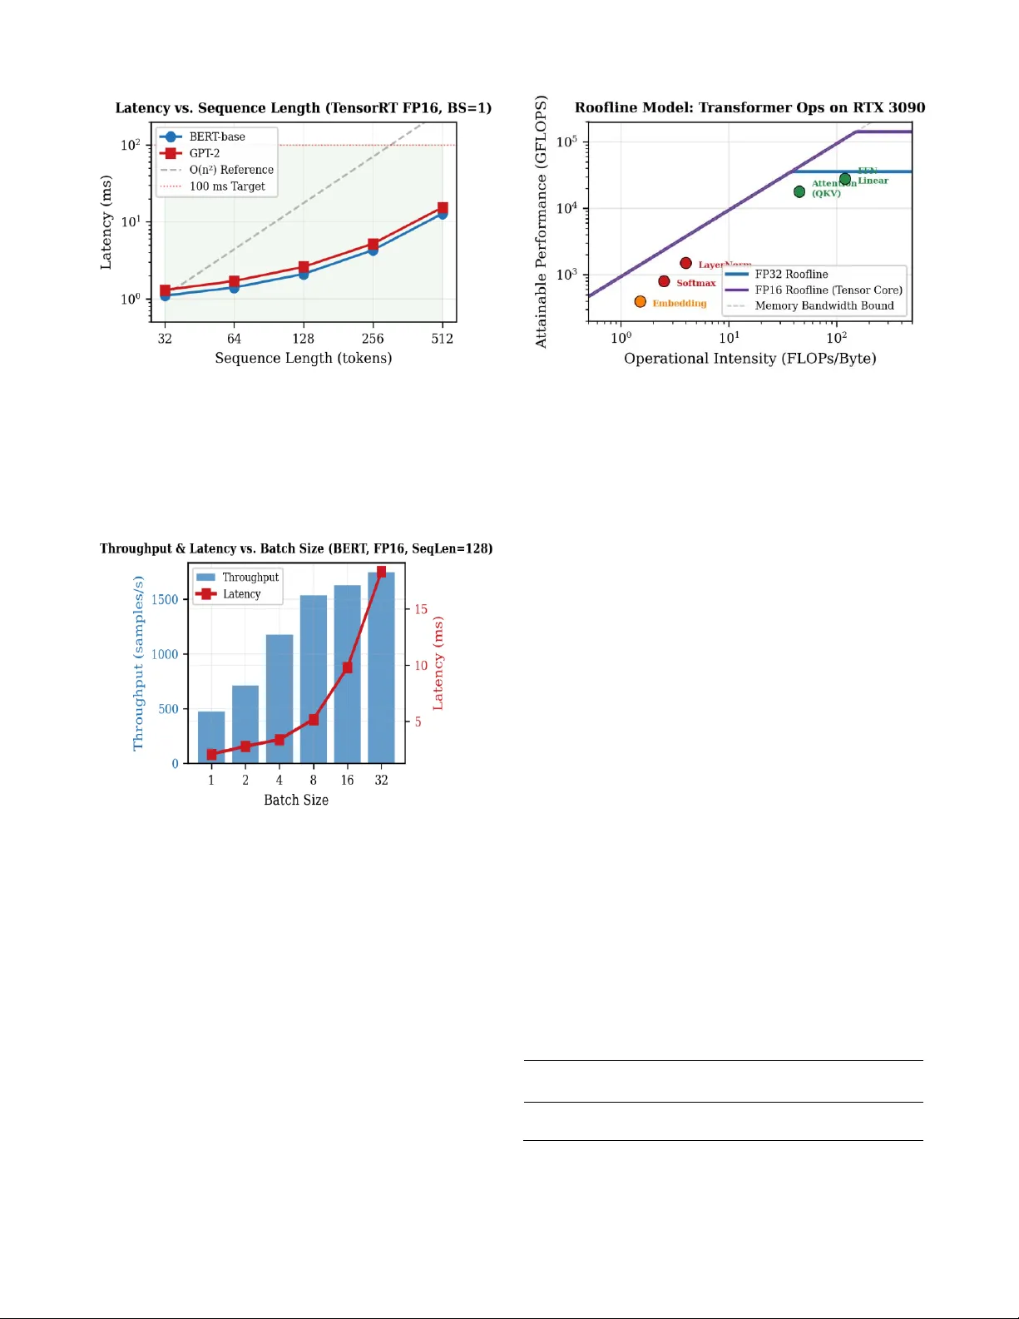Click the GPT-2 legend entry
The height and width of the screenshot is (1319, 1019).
click(204, 153)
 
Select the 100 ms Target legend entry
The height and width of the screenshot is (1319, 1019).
click(226, 186)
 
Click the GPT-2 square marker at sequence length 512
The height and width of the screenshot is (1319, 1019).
click(443, 208)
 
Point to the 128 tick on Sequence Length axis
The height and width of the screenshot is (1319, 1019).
click(303, 339)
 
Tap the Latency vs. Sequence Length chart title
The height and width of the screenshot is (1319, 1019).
click(303, 108)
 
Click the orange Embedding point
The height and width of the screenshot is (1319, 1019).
click(640, 302)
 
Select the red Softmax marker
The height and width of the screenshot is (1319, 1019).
click(664, 281)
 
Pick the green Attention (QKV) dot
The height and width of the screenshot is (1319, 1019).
click(799, 192)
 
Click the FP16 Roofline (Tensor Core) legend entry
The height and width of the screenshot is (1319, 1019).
click(828, 290)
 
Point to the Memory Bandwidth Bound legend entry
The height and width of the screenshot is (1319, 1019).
click(824, 306)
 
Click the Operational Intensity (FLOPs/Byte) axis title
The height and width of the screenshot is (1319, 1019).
click(749, 359)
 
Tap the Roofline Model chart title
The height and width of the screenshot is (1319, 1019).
click(749, 107)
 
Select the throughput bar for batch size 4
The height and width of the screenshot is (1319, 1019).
click(279, 699)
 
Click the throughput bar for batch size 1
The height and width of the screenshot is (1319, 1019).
click(211, 736)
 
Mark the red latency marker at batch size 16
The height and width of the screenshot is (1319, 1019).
click(347, 667)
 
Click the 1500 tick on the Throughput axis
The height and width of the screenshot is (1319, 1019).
click(165, 600)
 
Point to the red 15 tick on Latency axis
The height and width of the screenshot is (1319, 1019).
click(421, 610)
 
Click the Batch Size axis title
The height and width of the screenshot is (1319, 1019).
click(296, 800)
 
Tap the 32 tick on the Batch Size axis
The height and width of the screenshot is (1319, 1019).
click(381, 781)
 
